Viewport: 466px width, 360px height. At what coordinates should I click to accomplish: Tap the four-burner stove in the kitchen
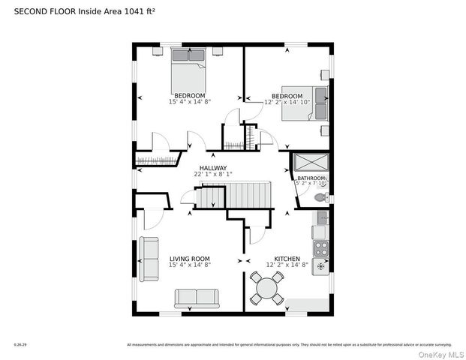321,249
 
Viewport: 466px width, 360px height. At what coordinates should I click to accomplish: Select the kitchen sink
321,218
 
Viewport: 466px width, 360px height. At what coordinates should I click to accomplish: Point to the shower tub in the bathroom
309,163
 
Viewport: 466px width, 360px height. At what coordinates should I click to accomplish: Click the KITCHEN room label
287,259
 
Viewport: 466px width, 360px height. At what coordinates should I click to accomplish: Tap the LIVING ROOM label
189,259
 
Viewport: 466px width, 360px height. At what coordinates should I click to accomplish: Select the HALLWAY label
212,168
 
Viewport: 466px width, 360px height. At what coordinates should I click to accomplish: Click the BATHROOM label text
311,178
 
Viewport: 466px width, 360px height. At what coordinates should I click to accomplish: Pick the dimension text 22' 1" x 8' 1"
212,174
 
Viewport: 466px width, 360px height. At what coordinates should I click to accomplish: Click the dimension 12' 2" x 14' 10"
287,102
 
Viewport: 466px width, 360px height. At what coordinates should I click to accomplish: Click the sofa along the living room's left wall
149,259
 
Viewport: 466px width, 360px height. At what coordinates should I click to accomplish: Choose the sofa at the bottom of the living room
197,298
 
